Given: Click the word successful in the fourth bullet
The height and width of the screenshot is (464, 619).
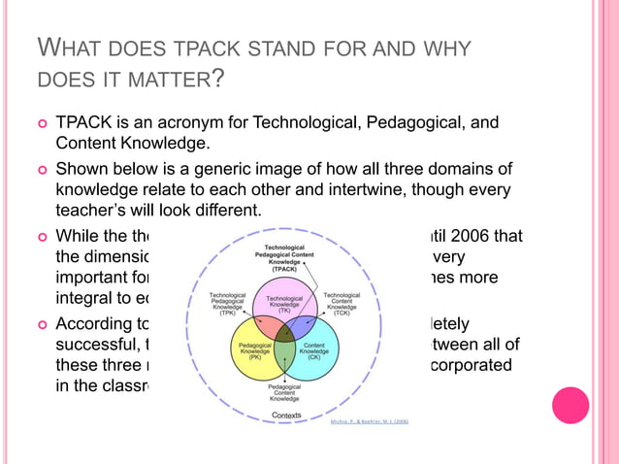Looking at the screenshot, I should coord(96,344).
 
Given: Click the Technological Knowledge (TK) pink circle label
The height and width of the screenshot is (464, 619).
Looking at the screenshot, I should coord(285,304).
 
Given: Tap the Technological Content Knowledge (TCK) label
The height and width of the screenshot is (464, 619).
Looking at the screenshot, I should coord(342,304).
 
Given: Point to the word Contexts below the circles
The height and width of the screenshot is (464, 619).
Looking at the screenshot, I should coord(285,414).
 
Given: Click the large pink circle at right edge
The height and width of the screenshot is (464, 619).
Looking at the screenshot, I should coord(570,405).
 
